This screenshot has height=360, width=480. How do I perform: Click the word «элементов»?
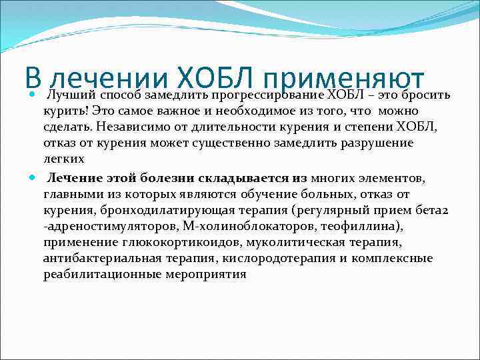tap(395, 178)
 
